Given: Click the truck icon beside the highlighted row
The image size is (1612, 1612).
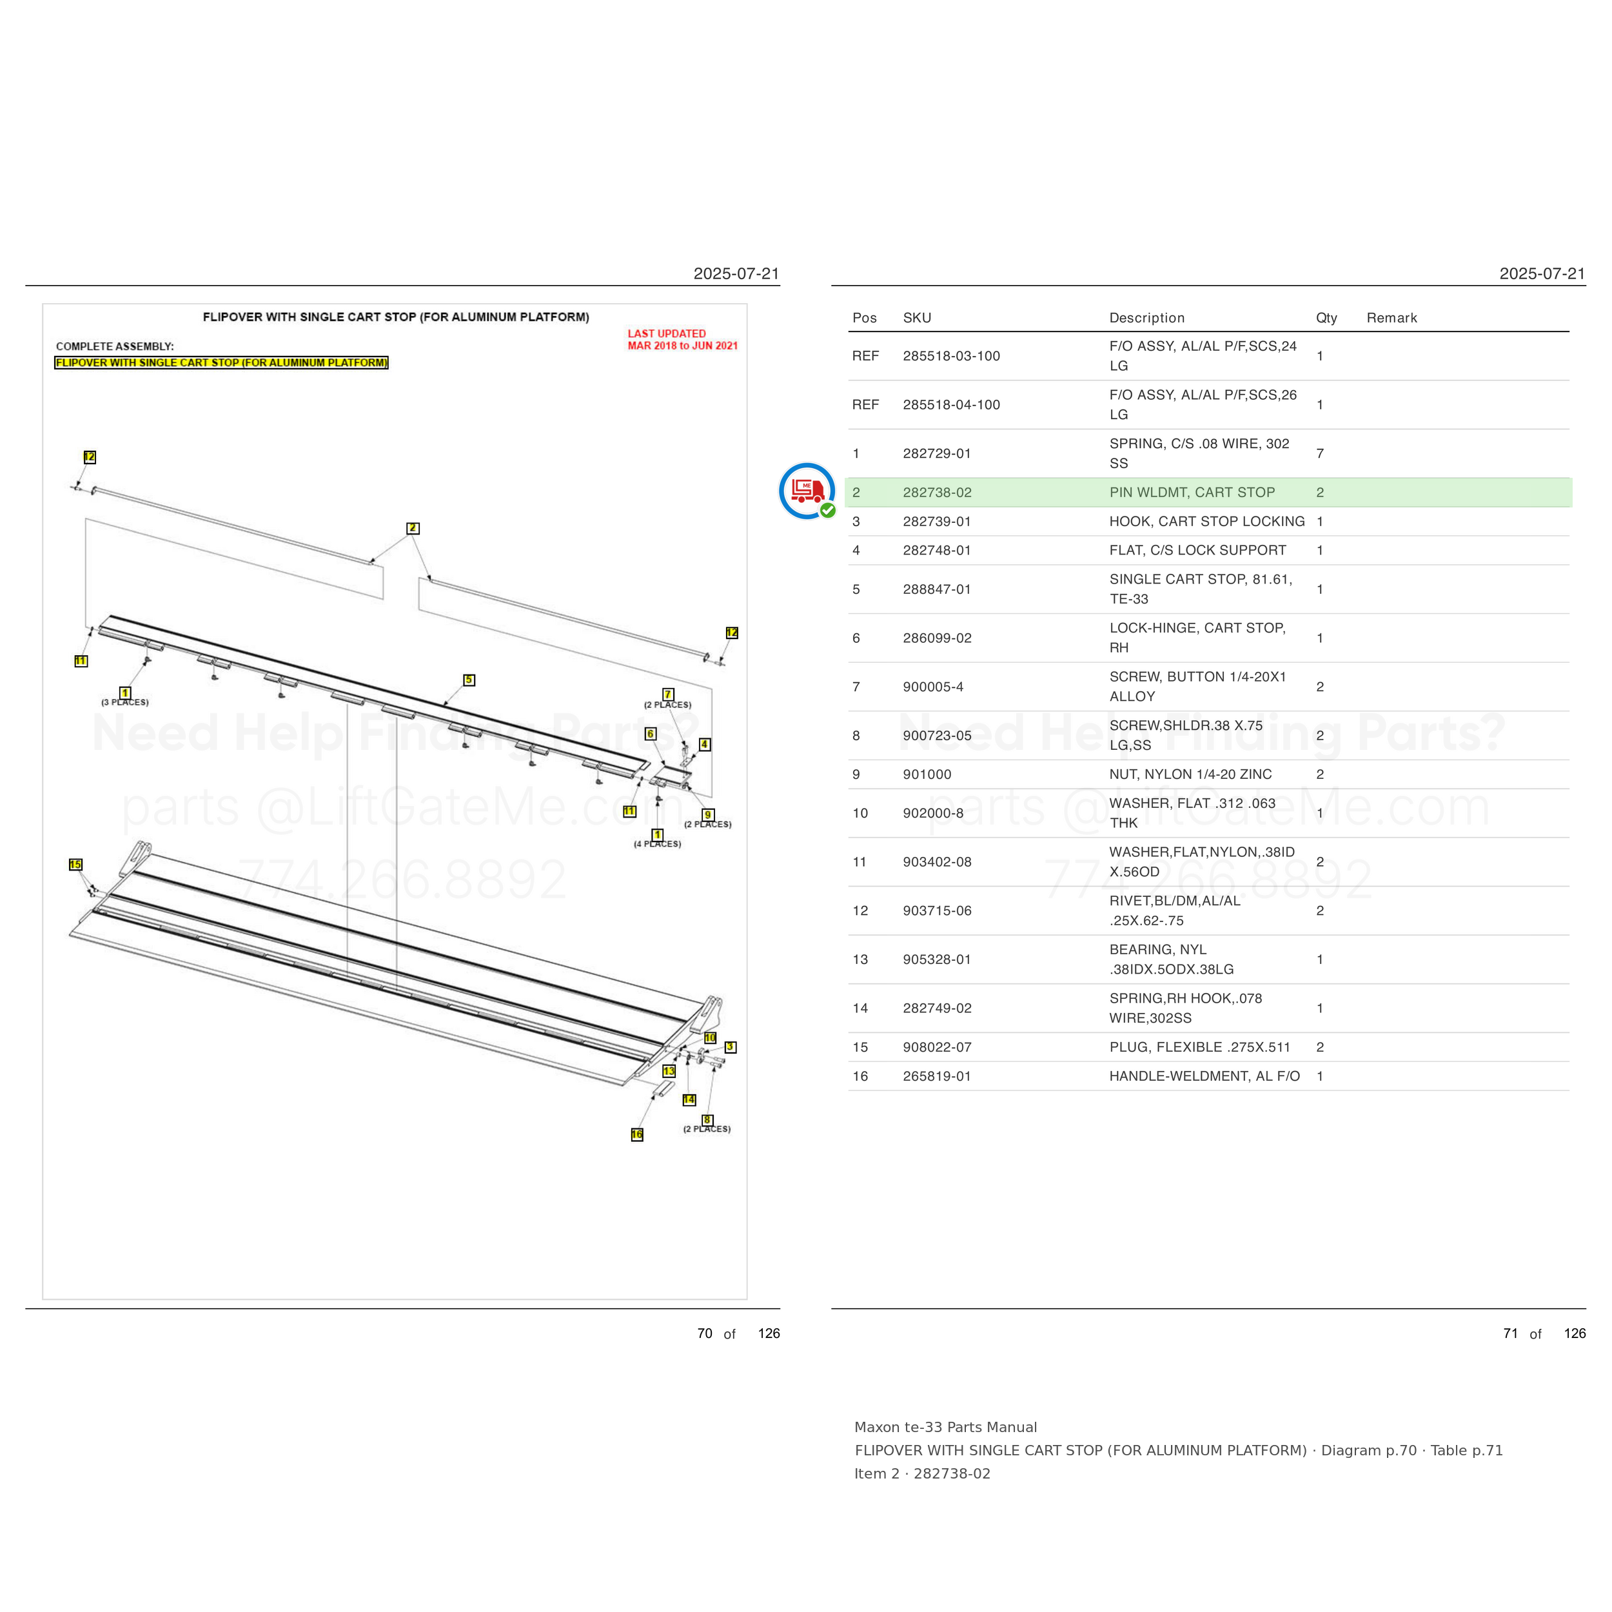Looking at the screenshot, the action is point(807,491).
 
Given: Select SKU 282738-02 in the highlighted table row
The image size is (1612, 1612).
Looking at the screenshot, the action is point(937,492).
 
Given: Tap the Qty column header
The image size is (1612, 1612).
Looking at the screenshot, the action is point(1326,318).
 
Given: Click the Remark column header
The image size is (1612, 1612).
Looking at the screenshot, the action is point(1391,318).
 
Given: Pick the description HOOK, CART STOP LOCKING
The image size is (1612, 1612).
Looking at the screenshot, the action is point(1206,522).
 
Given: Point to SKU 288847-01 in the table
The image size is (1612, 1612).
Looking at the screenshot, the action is point(937,589).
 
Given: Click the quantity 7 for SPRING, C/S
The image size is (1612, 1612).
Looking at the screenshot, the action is point(1320,453).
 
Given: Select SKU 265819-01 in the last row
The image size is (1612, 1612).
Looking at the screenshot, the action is point(937,1076).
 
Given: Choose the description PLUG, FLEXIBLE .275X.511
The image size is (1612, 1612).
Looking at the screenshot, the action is point(1200,1047).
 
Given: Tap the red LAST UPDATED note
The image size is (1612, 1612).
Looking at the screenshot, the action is point(682,340).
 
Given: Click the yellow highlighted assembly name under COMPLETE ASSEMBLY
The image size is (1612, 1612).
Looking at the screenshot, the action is point(221,363).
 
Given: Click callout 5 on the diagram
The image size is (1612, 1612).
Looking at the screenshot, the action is point(469,680).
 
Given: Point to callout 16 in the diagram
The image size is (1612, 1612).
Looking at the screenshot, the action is point(636,1135).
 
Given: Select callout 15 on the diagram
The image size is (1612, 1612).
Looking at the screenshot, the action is point(75,865).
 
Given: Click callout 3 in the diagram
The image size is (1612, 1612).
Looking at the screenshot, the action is point(730,1047).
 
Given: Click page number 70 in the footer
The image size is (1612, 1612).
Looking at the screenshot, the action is point(705,1333).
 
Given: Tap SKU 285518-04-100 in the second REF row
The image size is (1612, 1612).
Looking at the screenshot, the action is point(951,405).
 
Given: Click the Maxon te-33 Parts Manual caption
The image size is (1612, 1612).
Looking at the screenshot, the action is point(945,1428).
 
